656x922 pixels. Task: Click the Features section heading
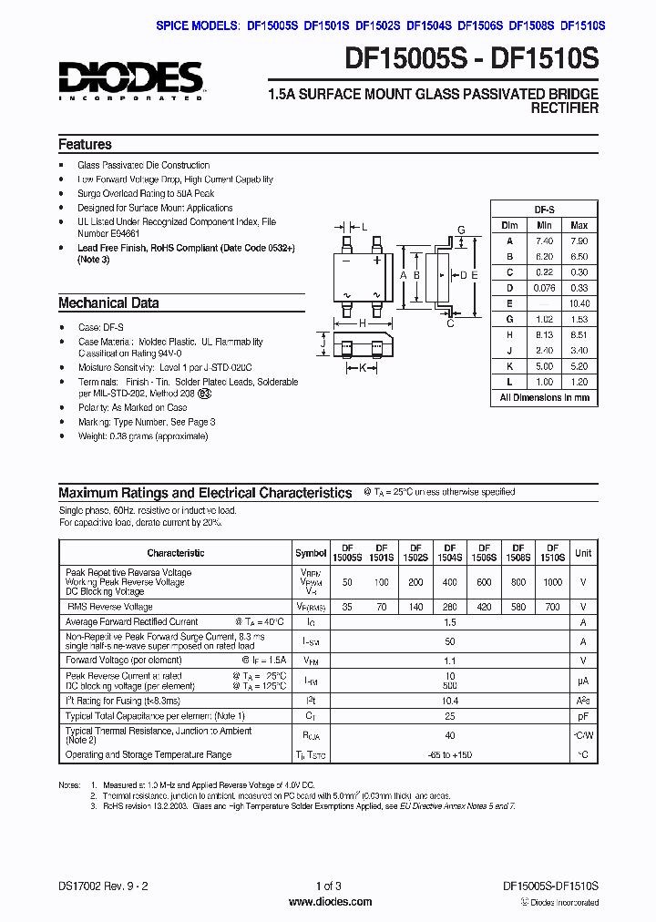pos(85,145)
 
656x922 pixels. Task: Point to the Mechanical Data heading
pos(108,303)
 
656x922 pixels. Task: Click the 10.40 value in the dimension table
pos(579,303)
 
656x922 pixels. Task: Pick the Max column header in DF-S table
pos(579,225)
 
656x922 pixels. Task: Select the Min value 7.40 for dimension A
pos(544,241)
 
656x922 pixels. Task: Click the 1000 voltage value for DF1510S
pos(553,582)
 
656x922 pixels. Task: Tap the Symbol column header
pos(311,553)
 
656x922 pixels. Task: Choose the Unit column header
pos(583,553)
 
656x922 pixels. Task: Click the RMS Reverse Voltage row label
pos(109,607)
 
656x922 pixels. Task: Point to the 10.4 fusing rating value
pos(449,701)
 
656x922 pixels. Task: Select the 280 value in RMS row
pos(449,607)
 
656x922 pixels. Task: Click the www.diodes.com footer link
pos(329,902)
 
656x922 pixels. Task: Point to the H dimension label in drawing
pos(362,323)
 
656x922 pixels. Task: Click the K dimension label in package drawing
pos(362,368)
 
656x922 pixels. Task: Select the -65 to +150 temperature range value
pos(449,755)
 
